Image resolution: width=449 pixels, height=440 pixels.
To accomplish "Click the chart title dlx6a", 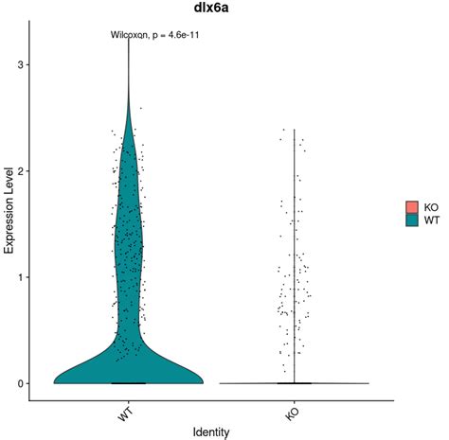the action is click(x=211, y=9).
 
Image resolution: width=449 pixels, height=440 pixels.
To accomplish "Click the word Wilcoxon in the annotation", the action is click(x=129, y=35).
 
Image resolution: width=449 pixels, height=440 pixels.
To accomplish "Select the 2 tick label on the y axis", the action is click(x=22, y=171).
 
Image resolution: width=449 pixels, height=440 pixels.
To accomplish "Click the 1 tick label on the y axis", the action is click(x=22, y=277).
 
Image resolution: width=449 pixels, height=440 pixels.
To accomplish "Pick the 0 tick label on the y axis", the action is click(x=22, y=384).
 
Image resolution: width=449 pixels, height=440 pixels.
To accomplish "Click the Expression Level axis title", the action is click(x=9, y=210).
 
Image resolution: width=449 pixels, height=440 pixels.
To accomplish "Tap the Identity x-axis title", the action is click(x=211, y=431).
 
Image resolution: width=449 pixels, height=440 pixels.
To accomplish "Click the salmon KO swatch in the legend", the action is click(x=412, y=207).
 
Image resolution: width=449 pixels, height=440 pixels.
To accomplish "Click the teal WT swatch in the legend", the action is click(x=412, y=220).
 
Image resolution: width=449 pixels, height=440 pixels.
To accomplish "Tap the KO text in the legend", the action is click(x=431, y=208).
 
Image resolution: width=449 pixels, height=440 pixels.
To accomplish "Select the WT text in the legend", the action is click(x=431, y=220).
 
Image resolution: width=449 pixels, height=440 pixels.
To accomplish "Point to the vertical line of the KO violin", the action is click(x=295, y=256).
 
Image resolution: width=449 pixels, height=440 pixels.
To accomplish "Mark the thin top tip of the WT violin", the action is click(x=129, y=39).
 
